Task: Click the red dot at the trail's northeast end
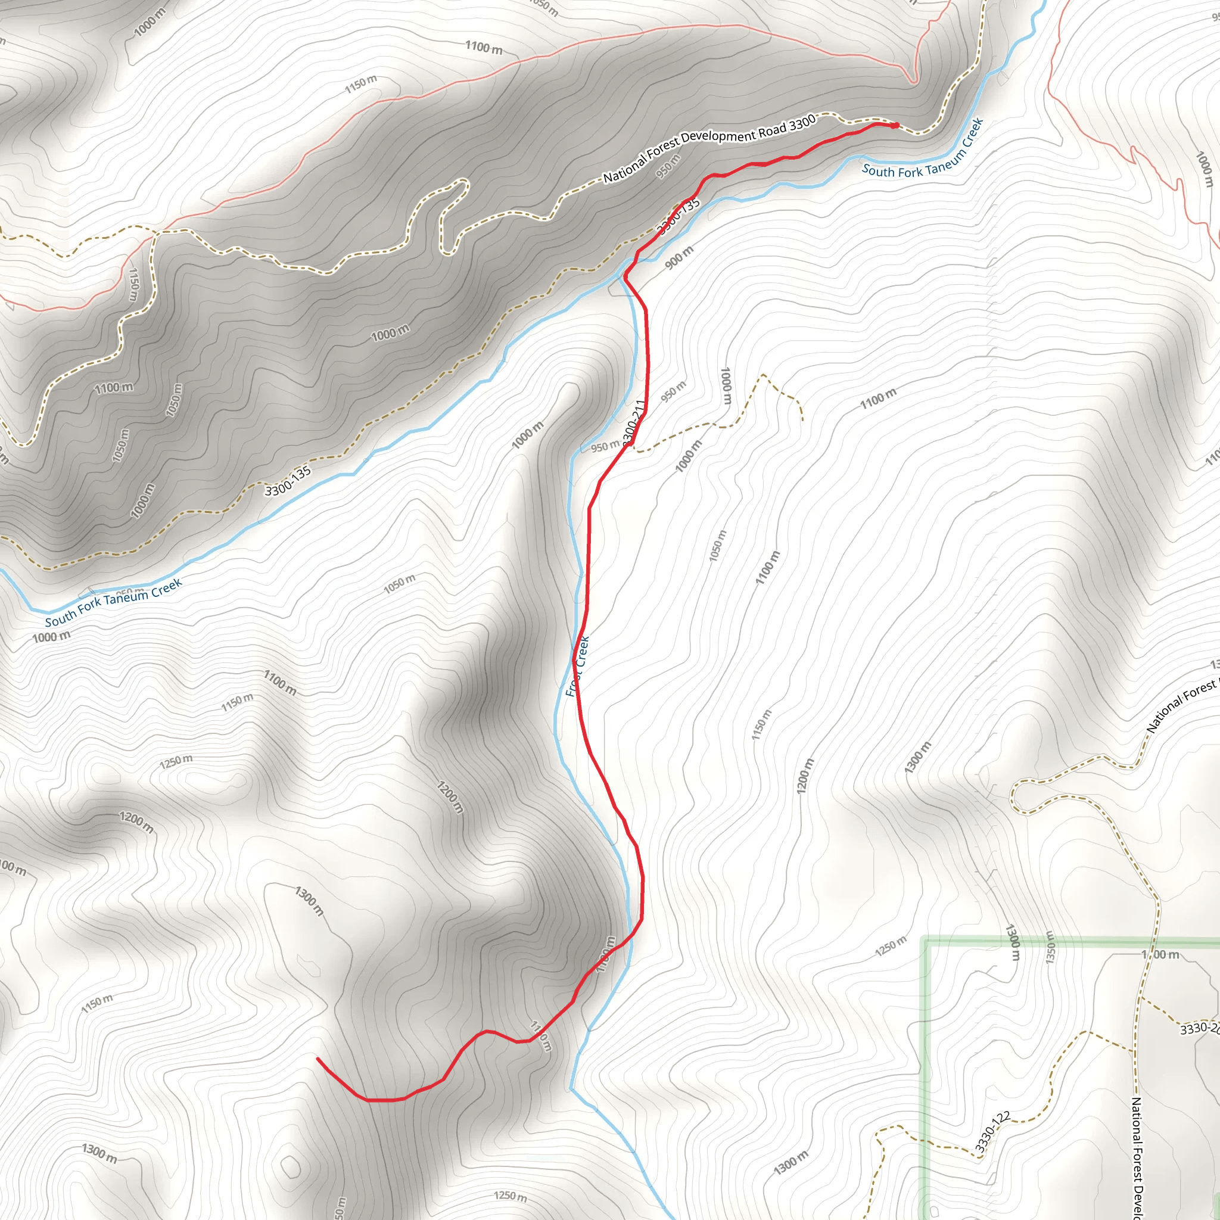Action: pos(895,125)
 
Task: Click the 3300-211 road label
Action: pos(634,422)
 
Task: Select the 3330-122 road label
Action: pos(992,1132)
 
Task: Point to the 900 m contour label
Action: pos(679,256)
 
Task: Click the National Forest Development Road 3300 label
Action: pos(708,148)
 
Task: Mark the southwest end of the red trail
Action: pos(318,1059)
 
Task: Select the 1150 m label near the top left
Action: pos(360,83)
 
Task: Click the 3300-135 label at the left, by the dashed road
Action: pos(288,481)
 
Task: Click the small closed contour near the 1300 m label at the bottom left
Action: pos(291,1166)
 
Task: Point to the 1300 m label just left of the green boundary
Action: pos(1012,942)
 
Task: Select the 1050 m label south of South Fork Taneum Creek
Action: pos(400,584)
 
